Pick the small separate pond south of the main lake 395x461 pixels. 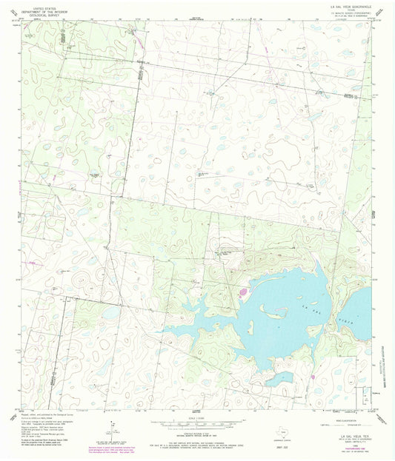(280, 379)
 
